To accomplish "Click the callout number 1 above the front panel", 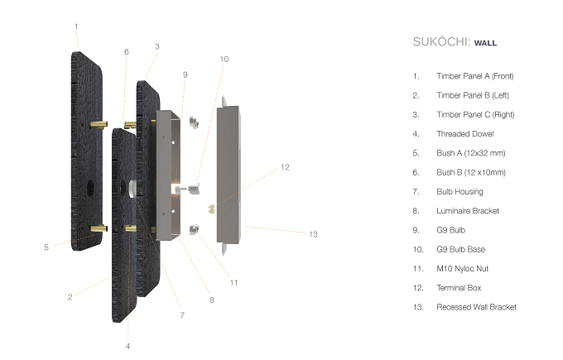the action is click(76, 26).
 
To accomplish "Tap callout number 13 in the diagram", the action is click(313, 234).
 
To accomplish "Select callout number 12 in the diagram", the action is click(285, 167).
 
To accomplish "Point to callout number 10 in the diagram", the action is click(224, 60).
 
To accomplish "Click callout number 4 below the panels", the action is click(128, 347).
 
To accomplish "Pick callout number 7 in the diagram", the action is click(182, 315).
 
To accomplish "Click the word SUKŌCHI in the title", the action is click(441, 41).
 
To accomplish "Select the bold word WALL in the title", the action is click(485, 43).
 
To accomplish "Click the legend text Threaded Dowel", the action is click(465, 134).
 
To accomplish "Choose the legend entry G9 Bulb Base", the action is click(460, 249).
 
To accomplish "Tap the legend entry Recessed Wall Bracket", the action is click(476, 307).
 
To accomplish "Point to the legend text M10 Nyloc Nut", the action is click(463, 269).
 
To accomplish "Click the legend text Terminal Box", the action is click(459, 288).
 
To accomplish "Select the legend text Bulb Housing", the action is click(460, 192).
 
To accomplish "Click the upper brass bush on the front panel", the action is click(99, 125).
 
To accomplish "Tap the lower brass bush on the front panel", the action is click(99, 228).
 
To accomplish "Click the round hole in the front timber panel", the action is click(90, 187).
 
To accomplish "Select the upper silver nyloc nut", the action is click(194, 122).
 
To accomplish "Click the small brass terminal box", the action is click(212, 209).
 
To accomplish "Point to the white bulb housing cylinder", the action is click(132, 189).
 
